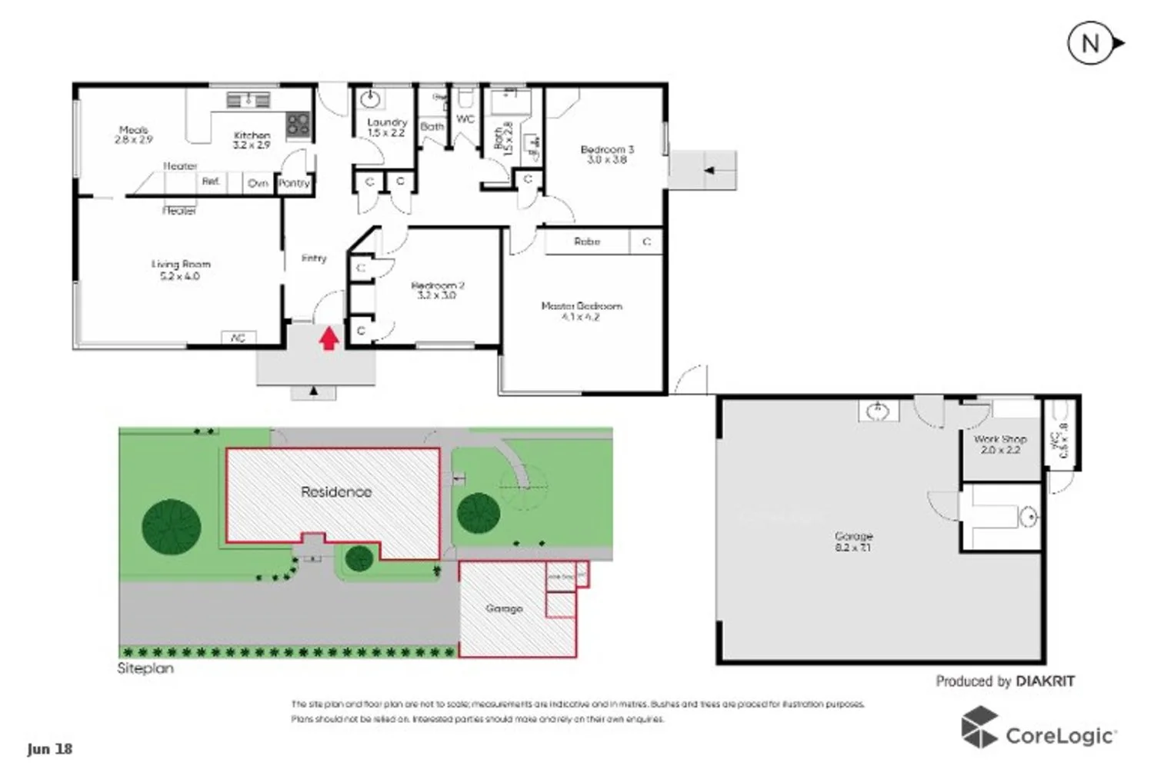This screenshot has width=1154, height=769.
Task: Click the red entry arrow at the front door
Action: (x=329, y=338)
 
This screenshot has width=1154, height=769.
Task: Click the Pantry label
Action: (x=294, y=183)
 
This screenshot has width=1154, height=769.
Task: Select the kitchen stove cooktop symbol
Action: (x=298, y=125)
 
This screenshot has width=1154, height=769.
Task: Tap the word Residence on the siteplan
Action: (x=336, y=492)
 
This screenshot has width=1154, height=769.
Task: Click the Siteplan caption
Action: (x=145, y=668)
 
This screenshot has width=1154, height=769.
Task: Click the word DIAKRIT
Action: (x=1045, y=681)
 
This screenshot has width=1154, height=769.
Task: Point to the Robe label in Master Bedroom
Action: (x=587, y=241)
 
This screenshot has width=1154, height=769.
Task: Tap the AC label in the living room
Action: (x=238, y=338)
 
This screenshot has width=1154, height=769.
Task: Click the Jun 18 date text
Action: (x=50, y=749)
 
